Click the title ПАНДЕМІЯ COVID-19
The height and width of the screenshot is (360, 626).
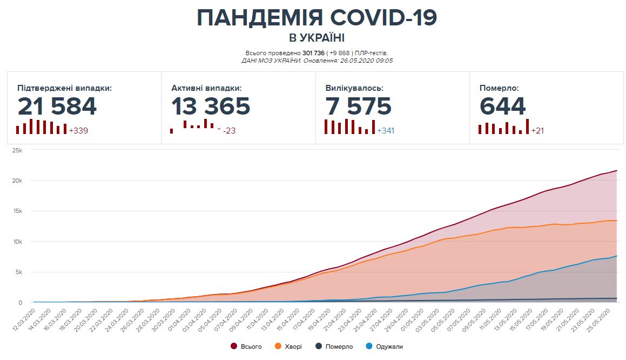pos(317,18)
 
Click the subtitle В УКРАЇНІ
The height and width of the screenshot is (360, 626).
pos(317,38)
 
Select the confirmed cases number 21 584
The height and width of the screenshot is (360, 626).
pos(57,106)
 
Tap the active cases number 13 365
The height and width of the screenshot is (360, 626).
pos(211,106)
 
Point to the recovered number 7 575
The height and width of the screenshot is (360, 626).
pos(358,106)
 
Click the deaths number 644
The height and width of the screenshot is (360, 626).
pos(502,106)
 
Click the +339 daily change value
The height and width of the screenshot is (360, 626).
pos(78,130)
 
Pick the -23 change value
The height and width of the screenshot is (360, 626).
pos(230,130)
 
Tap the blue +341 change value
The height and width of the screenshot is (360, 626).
pos(386,130)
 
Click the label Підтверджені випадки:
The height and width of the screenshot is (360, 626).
pos(64,88)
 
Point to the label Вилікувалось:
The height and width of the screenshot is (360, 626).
pos(355,88)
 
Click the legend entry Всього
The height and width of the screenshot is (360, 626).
pos(251,346)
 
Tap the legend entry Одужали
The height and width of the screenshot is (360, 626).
pos(388,346)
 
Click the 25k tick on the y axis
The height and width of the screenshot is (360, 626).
pos(17,150)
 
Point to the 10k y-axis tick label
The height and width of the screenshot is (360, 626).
pos(17,242)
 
